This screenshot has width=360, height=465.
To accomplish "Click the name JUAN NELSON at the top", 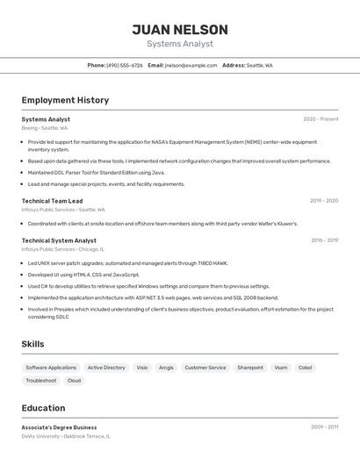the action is pyautogui.click(x=180, y=30).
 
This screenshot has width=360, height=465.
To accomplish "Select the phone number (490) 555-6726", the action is pyautogui.click(x=125, y=65).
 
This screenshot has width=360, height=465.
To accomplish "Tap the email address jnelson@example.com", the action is pyautogui.click(x=191, y=65).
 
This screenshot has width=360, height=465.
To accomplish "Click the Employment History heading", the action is pyautogui.click(x=65, y=100).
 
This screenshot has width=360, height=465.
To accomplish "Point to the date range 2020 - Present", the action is pyautogui.click(x=320, y=119).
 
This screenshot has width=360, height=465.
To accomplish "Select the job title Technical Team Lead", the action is pyautogui.click(x=52, y=201).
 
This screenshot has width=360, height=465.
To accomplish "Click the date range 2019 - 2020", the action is pyautogui.click(x=323, y=201).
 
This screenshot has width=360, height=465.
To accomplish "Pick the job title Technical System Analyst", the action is pyautogui.click(x=59, y=240).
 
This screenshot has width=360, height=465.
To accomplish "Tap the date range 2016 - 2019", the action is pyautogui.click(x=324, y=240).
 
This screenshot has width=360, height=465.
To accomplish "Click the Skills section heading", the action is pyautogui.click(x=32, y=344).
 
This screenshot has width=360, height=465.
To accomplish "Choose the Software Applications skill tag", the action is pyautogui.click(x=51, y=368).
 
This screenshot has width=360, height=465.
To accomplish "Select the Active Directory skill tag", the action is pyautogui.click(x=106, y=368).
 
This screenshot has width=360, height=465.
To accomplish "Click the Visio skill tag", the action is pyautogui.click(x=142, y=368).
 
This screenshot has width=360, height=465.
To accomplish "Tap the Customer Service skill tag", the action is pyautogui.click(x=205, y=368).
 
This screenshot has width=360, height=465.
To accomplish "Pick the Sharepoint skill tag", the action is pyautogui.click(x=250, y=368).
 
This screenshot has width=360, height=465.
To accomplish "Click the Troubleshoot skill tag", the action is pyautogui.click(x=41, y=381).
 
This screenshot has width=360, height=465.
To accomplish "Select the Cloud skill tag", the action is pyautogui.click(x=74, y=381).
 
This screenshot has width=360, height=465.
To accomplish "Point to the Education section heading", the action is pyautogui.click(x=43, y=408).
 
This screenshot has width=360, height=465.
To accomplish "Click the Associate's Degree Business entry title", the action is pyautogui.click(x=59, y=427).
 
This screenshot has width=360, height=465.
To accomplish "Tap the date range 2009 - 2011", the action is pyautogui.click(x=324, y=427).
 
